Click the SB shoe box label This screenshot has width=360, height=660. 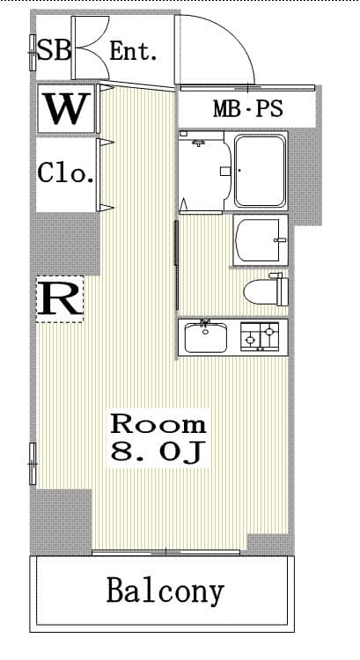pos(54,49)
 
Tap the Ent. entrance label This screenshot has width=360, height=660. pos(133,52)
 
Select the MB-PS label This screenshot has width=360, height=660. pos(247,109)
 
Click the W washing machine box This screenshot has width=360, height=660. pos(66,109)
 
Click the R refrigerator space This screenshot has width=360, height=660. pos(59,299)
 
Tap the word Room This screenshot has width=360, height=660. pos(158,424)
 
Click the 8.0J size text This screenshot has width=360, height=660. pos(158,452)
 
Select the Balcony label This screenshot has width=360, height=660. pos(165,592)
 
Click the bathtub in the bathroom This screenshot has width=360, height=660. pos(260,171)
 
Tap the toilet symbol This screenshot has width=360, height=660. pos(266,290)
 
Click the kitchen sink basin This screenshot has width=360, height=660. pos(205,337)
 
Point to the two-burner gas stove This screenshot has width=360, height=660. pos(260,336)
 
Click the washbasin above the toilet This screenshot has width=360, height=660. pos(261,240)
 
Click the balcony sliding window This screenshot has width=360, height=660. pos(165,552)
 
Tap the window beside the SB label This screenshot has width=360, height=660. pos(33,53)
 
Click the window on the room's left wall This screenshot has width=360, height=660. pos(33,464)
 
